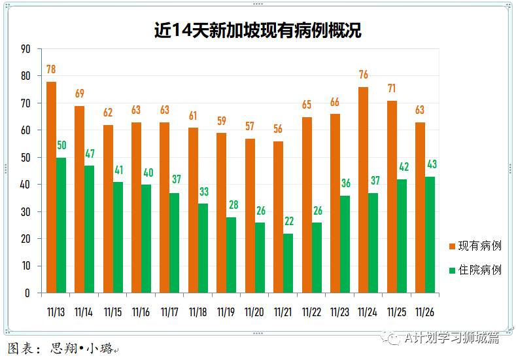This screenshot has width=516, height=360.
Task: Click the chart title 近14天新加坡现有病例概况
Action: (258, 31)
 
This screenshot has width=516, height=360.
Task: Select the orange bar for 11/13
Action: (51, 187)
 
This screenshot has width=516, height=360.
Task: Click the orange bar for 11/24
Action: (363, 190)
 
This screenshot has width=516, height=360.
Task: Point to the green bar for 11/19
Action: (232, 255)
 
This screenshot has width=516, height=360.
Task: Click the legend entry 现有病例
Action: (475, 246)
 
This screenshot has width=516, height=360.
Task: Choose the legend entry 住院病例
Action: (475, 269)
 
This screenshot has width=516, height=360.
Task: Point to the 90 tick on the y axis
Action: (26, 48)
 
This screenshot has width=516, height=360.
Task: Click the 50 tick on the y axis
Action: (26, 158)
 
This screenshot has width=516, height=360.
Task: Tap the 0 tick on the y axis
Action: (28, 293)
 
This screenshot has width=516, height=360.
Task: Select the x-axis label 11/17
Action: (169, 312)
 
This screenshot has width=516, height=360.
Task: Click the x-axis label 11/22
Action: (311, 312)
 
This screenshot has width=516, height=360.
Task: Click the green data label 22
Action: (288, 223)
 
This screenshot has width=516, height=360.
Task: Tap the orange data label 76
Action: (363, 75)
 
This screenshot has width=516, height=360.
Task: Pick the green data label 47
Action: (90, 154)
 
